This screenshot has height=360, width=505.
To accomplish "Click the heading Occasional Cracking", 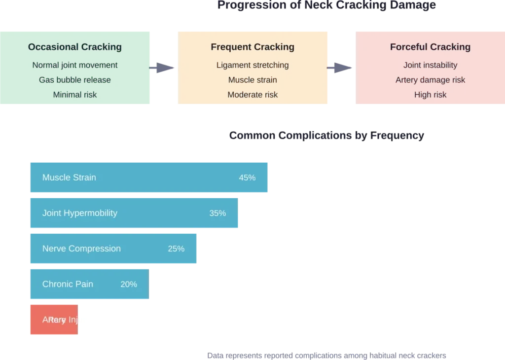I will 74,47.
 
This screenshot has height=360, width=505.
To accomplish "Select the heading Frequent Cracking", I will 252,47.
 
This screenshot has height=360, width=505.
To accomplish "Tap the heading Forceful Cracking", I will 430,47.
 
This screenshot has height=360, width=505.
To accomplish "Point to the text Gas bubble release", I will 74,80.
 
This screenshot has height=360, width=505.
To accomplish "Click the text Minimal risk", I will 74,95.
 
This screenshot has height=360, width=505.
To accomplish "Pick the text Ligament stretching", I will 252,65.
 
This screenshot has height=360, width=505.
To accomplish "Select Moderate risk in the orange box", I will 252,95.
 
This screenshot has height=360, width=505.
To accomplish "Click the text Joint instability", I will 430,65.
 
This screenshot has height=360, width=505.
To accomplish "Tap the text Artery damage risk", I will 430,80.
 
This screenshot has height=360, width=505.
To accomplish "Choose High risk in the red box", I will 430,95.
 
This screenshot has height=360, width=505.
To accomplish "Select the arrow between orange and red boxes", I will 339,67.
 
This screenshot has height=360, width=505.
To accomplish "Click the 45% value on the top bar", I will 247,178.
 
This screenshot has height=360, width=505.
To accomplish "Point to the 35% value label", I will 217,213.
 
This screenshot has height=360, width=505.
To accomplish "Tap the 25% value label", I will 176,249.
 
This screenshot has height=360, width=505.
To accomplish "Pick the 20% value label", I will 129,284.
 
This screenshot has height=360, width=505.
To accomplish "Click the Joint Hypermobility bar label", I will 80,213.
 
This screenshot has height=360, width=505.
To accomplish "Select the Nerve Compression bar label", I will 81,249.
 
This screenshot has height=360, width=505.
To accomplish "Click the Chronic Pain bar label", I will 68,284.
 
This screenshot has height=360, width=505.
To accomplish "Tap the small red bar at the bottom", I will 53,320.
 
